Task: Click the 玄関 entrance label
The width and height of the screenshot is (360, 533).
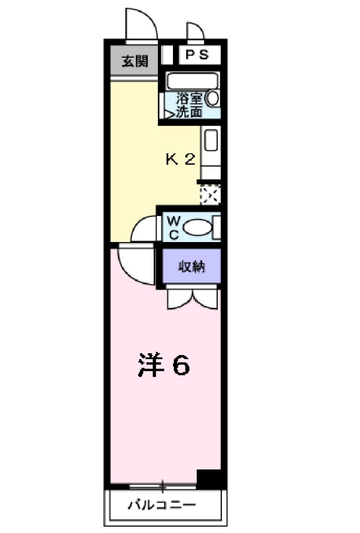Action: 134,61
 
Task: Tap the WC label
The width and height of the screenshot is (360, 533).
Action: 173,227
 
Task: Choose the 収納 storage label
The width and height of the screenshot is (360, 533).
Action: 192,268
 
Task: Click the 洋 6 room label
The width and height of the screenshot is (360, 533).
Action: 164,366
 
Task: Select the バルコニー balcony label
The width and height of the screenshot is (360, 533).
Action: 162,504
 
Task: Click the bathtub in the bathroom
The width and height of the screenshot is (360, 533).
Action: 192,82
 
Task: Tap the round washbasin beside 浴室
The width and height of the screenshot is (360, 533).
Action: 213,98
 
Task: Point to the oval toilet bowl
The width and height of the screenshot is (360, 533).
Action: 197,227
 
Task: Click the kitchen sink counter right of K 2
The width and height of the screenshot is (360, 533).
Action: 210,141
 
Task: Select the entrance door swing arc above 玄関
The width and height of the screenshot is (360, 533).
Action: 141,25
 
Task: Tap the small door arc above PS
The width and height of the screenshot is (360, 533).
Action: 195,32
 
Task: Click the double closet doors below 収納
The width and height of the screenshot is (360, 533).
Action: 192,299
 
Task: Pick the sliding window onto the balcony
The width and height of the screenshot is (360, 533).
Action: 162,487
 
